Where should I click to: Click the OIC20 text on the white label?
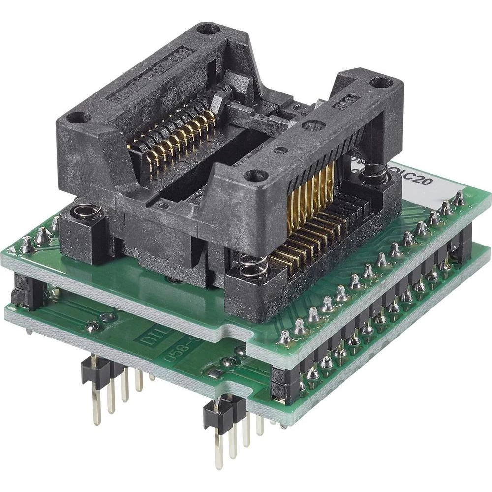coord(416,184)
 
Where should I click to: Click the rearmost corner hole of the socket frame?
coord(208,29)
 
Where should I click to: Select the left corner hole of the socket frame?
coord(77,118)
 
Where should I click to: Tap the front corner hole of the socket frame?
coord(255,175)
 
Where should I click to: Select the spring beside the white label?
coord(376,173)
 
